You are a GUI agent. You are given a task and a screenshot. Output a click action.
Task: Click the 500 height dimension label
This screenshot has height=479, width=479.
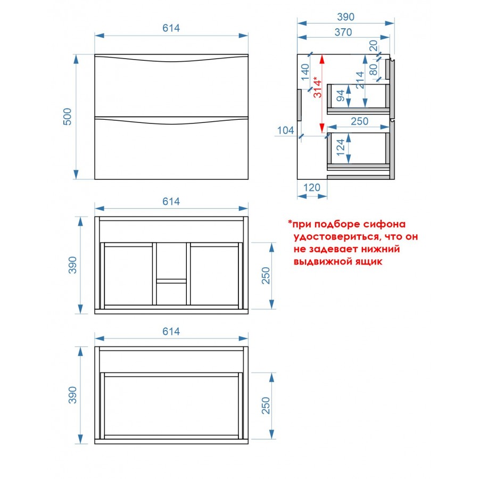(x=67, y=117)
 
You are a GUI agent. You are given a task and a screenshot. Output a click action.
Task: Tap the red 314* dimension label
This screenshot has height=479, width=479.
(x=318, y=87)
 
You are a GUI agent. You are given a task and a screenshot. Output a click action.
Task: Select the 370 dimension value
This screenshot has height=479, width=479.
(x=343, y=32)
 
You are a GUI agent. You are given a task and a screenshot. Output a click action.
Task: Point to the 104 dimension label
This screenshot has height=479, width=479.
(x=285, y=130)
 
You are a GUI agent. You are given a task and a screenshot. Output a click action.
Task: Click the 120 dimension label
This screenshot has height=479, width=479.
(x=311, y=187)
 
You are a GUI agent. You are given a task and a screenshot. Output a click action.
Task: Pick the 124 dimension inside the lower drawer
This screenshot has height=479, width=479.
(x=340, y=147)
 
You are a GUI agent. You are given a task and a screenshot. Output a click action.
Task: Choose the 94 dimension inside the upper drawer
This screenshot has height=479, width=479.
(x=340, y=95)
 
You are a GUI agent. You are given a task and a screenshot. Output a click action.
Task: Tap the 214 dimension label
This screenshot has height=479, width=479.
(x=360, y=80)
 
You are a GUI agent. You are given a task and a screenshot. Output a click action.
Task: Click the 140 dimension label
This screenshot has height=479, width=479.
(x=305, y=72)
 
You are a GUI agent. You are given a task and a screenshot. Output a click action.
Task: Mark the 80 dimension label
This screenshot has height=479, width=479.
(x=373, y=69)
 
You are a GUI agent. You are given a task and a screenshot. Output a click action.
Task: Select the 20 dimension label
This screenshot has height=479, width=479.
(x=373, y=46)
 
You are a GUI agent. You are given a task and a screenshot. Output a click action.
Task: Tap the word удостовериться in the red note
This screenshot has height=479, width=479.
(x=337, y=237)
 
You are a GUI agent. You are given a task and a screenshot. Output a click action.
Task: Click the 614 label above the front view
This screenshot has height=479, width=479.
(x=171, y=28)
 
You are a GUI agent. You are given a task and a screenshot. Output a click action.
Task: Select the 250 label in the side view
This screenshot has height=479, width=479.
(x=360, y=121)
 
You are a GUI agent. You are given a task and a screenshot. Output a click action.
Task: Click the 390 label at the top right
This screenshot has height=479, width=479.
(x=345, y=17)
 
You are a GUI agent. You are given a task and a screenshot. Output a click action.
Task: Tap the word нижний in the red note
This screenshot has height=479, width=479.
(x=381, y=249)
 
